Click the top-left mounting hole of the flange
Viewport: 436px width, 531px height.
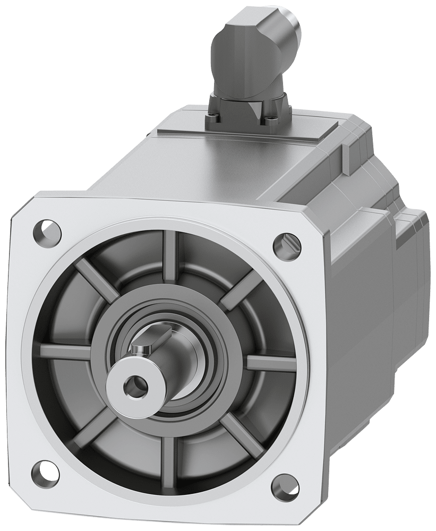click(x=47, y=230)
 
